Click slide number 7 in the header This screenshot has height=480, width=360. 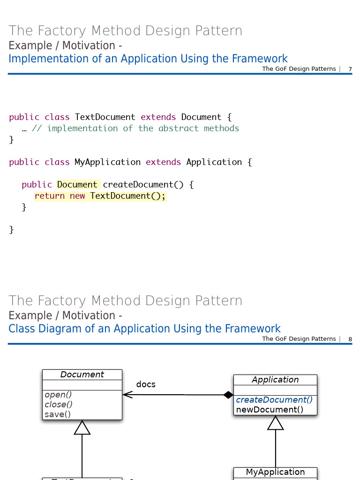pyautogui.click(x=350, y=69)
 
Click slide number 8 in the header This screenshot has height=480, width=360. pyautogui.click(x=350, y=339)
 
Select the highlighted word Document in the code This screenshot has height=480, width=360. pyautogui.click(x=77, y=185)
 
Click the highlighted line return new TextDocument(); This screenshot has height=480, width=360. pyautogui.click(x=100, y=196)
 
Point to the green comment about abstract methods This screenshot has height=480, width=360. pyautogui.click(x=135, y=128)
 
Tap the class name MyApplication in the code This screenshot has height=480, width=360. pyautogui.click(x=107, y=162)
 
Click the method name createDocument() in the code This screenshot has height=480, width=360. pyautogui.click(x=143, y=185)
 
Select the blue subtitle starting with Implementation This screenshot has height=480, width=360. pyautogui.click(x=148, y=59)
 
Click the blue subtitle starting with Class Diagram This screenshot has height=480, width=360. pyautogui.click(x=144, y=329)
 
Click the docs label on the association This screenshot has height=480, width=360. pyautogui.click(x=146, y=384)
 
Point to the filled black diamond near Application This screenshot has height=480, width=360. pyautogui.click(x=228, y=395)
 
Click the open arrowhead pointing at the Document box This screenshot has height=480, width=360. pyautogui.click(x=127, y=395)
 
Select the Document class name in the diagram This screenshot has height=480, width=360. pyautogui.click(x=82, y=375)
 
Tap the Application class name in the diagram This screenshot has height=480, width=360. pyautogui.click(x=275, y=380)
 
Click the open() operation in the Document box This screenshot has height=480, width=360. pyautogui.click(x=55, y=395)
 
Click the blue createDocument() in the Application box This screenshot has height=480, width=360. pyautogui.click(x=274, y=400)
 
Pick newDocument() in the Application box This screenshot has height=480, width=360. pyautogui.click(x=270, y=410)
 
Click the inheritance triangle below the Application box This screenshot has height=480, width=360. pyautogui.click(x=276, y=423)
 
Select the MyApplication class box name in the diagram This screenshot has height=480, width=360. pyautogui.click(x=275, y=472)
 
